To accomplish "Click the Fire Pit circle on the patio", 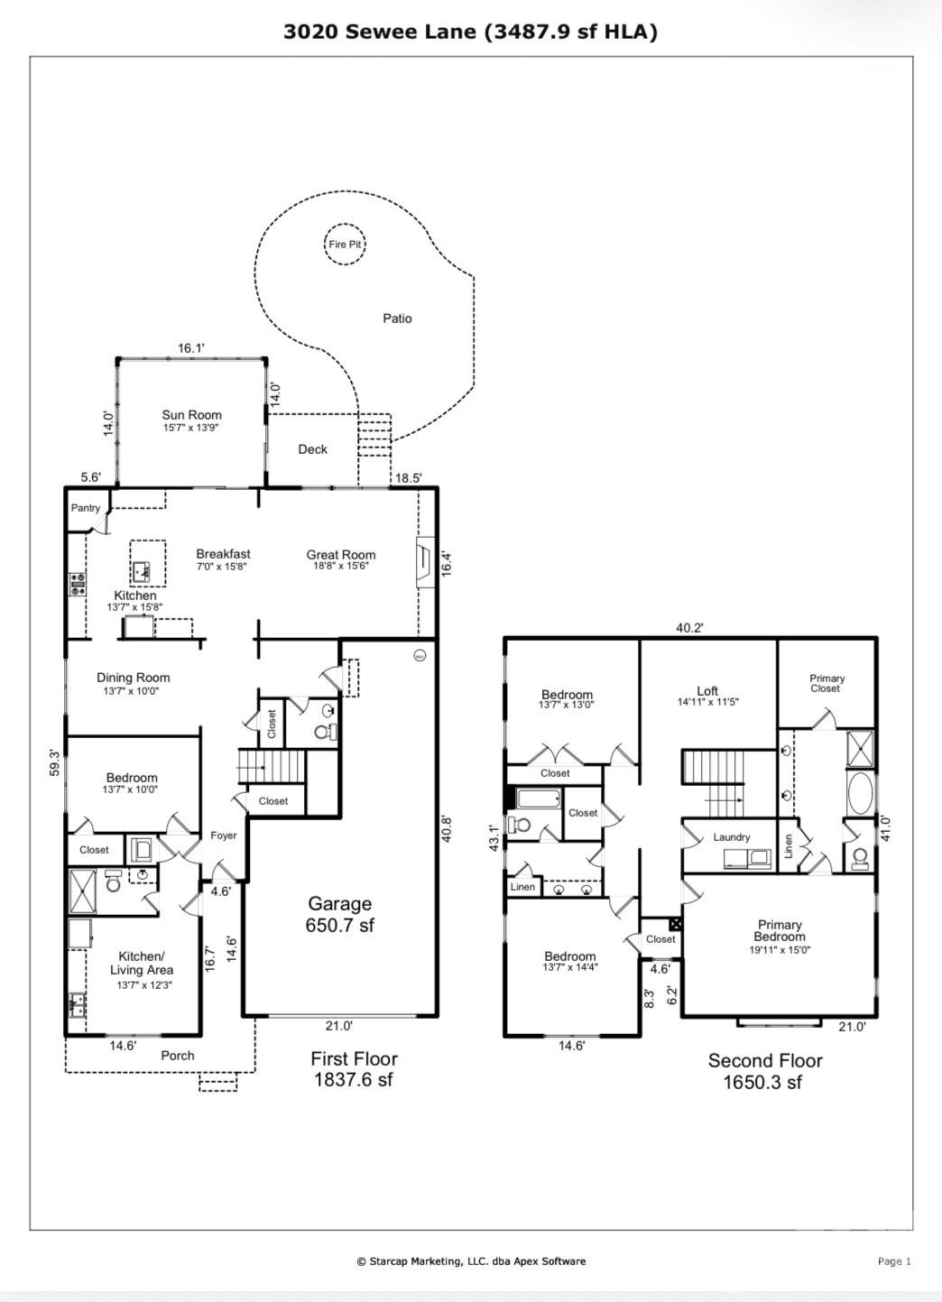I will point(346,245).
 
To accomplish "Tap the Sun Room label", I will point(191,415).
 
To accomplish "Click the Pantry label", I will point(86,508).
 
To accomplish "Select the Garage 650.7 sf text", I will point(340,913).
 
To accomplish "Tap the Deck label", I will point(312,449).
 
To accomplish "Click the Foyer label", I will point(224,836).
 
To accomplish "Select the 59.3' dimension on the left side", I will point(55,762).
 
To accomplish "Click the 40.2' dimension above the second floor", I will point(689,628).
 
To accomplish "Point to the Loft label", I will point(707,690).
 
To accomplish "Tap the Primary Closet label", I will point(827,683).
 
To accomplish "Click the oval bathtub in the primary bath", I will point(860,794).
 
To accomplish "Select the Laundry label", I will point(731,837).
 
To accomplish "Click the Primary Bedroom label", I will point(780,930).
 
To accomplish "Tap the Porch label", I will point(178,1055).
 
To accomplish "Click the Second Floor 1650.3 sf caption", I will point(764,1071).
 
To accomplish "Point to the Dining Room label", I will point(134,678).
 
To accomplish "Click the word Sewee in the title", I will point(383,32).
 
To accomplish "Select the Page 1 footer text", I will point(894,1261).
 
